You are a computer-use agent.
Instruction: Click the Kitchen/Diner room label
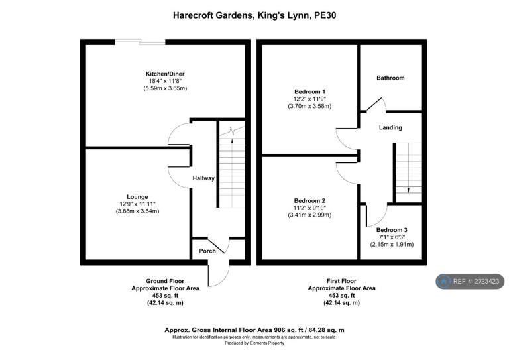tap(165, 74)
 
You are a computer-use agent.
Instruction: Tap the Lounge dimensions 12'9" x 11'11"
tap(137, 204)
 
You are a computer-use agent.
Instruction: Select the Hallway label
tap(203, 178)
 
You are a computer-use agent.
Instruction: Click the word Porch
tap(207, 251)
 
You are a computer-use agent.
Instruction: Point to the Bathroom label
tap(390, 78)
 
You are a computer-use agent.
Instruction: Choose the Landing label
tap(390, 127)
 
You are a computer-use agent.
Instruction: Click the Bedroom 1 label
tap(310, 92)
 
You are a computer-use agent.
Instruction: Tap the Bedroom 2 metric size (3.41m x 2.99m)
tap(310, 215)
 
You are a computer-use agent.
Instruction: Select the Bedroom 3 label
tap(392, 230)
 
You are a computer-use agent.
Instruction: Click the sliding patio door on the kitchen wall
tap(141, 42)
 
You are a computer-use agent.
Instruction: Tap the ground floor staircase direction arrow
tap(232, 141)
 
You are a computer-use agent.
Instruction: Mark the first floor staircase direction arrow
tap(408, 190)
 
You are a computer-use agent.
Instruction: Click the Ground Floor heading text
tap(165, 281)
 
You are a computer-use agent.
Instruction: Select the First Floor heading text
tap(341, 281)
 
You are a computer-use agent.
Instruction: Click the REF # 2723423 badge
tap(470, 282)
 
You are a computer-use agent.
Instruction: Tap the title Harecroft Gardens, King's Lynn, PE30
tap(254, 15)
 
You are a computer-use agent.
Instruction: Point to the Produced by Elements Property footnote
tap(254, 343)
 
